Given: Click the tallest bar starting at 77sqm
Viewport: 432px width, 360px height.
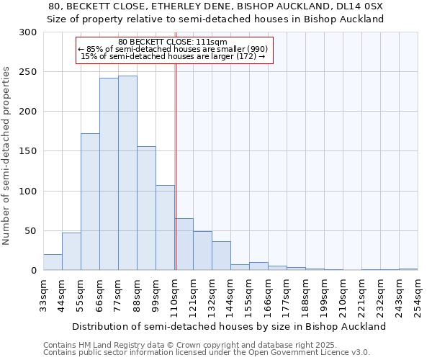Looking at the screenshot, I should pos(127,173).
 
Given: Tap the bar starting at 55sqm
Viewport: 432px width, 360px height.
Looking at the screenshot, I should pos(90,202).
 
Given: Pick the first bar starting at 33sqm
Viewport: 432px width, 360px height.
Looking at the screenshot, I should pos(53,262).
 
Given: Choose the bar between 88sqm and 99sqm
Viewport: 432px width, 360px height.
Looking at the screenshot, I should pos(146,209).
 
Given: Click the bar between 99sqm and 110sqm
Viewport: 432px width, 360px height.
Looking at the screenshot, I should pos(165,228).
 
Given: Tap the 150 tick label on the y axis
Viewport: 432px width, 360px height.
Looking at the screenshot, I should pos(28,151).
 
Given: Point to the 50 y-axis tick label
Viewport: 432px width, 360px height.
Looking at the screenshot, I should pos(31,231).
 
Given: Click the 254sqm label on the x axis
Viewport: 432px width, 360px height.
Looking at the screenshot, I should pos(418,295).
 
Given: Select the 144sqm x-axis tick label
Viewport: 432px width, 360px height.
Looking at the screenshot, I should pos(230,295).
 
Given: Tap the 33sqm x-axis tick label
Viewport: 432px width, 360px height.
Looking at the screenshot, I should pos(43,295).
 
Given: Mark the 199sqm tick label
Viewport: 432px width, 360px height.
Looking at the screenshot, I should pos(324,295).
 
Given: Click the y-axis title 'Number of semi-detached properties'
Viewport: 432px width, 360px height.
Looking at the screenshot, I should pos(7,156).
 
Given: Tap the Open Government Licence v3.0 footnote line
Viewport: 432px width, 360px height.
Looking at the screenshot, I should pos(207,352).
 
